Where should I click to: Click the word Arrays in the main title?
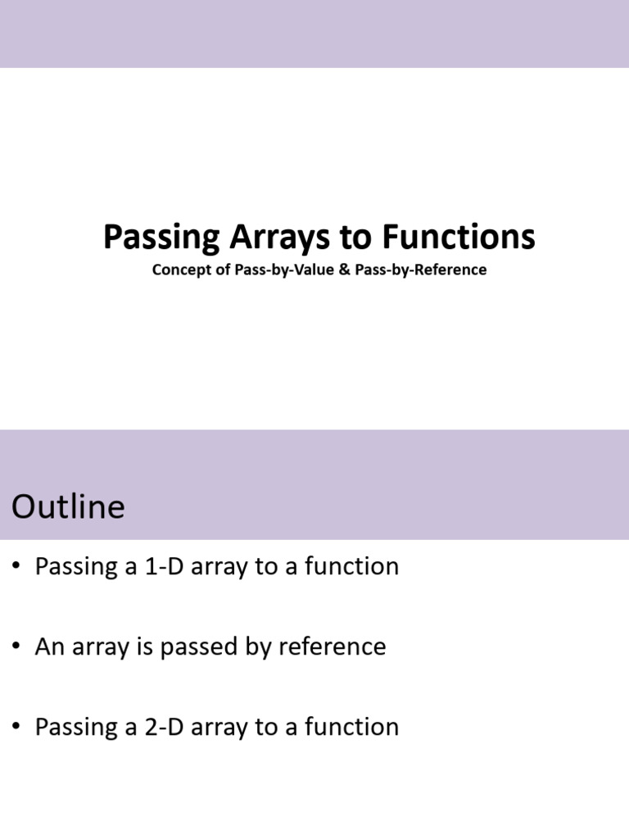click(276, 238)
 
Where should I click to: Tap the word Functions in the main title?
click(459, 238)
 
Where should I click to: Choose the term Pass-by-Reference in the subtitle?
click(421, 270)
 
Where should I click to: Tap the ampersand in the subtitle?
click(344, 270)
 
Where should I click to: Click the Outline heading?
click(68, 506)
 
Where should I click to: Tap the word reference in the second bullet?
click(332, 646)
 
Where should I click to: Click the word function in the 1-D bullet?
click(351, 567)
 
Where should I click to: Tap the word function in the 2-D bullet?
click(351, 727)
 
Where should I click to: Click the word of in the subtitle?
click(224, 270)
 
